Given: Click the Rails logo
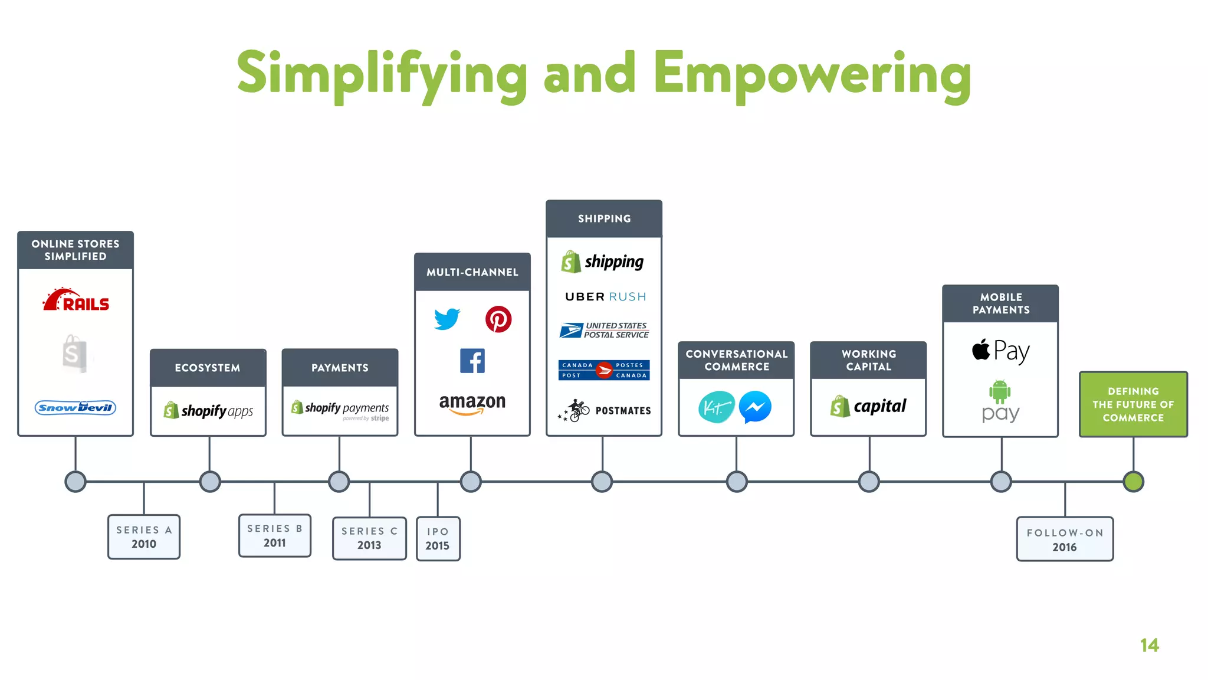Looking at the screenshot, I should point(76,300).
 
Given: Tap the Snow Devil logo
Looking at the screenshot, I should point(75,407).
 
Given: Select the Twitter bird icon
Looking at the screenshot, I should point(447,319).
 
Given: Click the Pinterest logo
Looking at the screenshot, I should point(498,319).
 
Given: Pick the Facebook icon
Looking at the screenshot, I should point(472,361).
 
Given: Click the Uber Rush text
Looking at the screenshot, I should point(605,297).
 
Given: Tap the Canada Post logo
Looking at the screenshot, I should point(604,370).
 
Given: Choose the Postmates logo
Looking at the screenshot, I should point(604,410).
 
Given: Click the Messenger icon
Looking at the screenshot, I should point(755,407).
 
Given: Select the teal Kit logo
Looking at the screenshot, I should point(716,407).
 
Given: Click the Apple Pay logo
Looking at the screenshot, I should point(1000,351).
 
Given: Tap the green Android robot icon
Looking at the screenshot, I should point(1000,391).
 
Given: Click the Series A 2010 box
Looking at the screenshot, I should point(144,537).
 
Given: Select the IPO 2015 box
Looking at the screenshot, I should point(438,538).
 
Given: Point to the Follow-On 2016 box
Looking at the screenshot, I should point(1065,539).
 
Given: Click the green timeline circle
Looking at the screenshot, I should point(1133,482).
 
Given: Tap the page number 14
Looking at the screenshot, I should point(1149,645).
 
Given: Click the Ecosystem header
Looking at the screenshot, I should point(208,368).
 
